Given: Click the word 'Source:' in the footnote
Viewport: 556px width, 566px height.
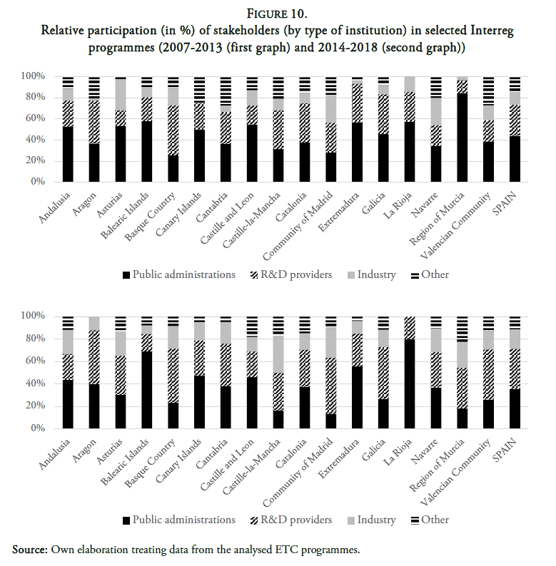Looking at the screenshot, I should (x=31, y=549).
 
